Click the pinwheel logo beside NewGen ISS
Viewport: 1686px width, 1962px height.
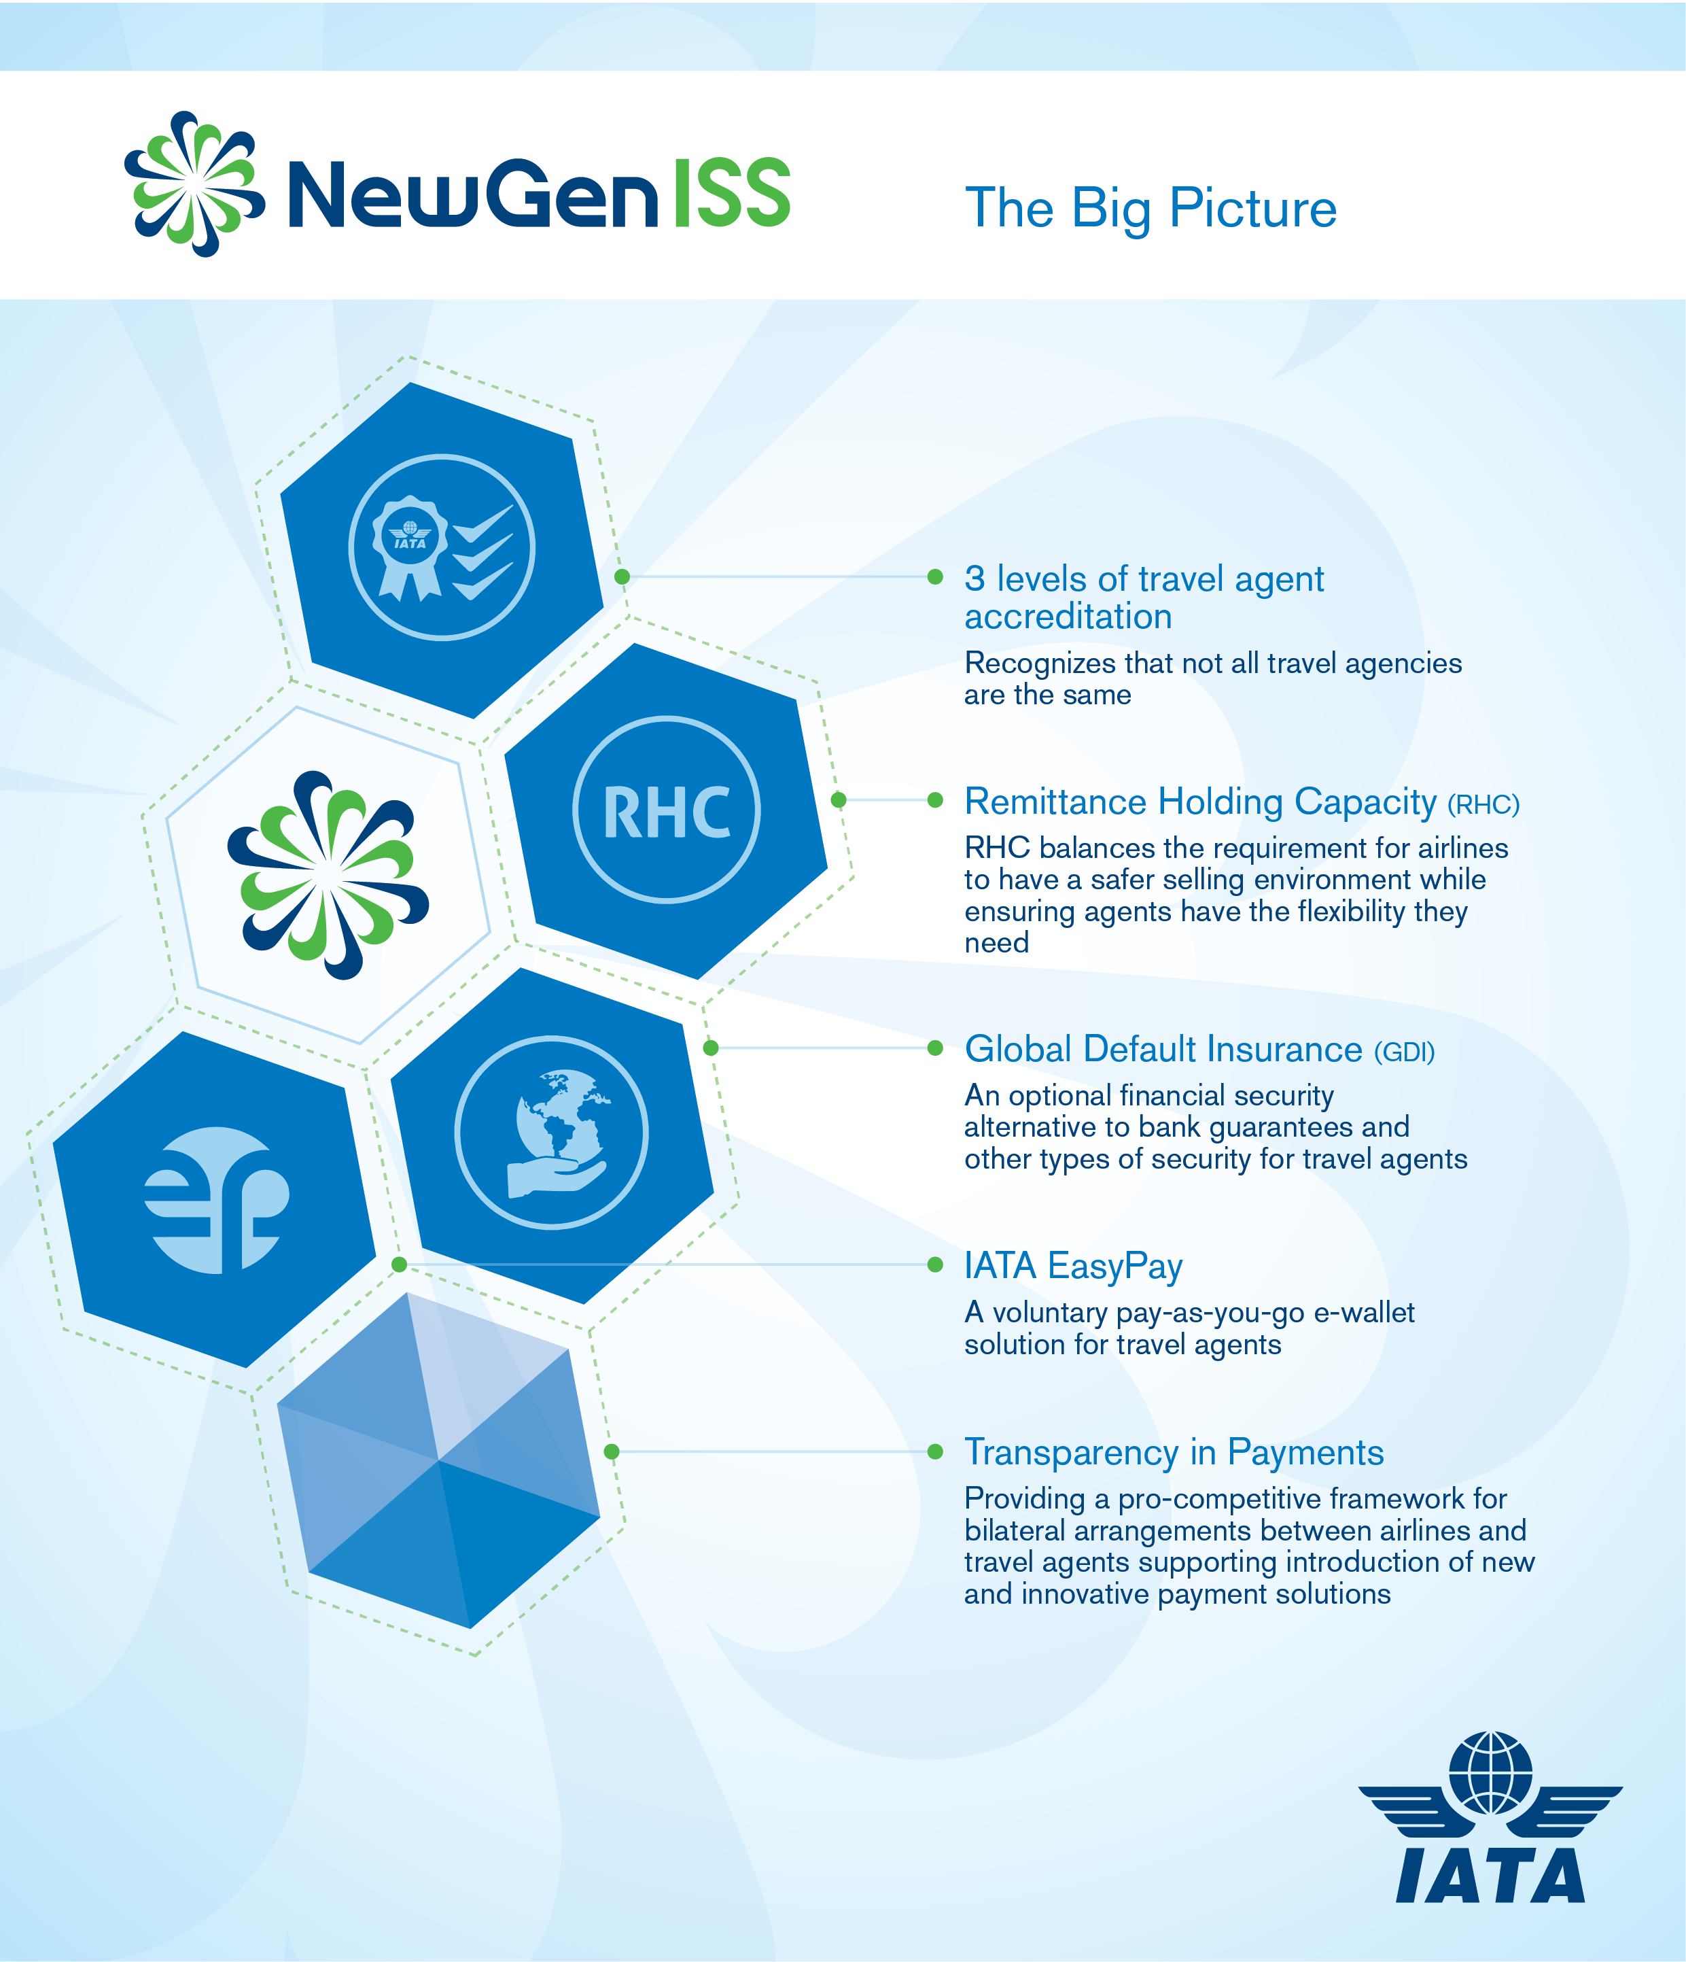194,184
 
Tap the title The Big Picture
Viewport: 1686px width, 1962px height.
1151,208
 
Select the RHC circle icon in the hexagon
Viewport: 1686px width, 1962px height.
667,810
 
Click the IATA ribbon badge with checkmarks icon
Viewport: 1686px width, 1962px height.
442,547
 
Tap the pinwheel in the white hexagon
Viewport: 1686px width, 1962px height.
328,875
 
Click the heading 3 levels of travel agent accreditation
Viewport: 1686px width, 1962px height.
1144,597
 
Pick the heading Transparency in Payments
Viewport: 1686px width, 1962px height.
1174,1453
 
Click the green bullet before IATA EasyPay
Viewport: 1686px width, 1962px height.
935,1264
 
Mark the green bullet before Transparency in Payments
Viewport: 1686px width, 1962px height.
935,1451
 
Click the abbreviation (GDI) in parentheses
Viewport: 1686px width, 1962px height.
1405,1052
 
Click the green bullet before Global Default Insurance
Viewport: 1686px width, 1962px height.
935,1047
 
